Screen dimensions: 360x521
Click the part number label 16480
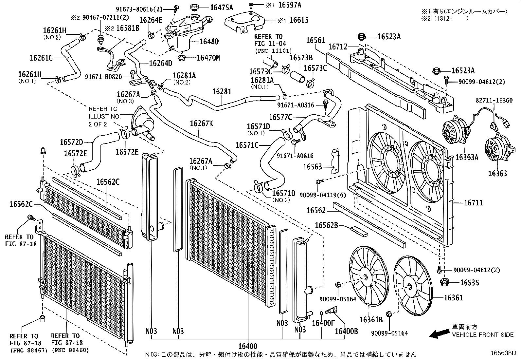(x=209, y=42)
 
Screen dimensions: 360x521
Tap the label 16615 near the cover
(x=299, y=20)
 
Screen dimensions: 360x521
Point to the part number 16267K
(x=201, y=123)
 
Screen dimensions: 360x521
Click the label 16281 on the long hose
(x=222, y=91)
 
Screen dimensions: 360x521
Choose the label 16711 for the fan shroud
(x=473, y=203)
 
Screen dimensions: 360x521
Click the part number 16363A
(x=467, y=158)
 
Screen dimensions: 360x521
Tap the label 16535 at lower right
(x=469, y=283)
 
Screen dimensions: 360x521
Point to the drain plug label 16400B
(x=346, y=331)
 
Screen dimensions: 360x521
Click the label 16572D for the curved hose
(x=71, y=142)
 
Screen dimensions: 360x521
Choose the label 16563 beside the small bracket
(x=312, y=167)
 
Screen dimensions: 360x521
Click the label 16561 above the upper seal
(x=315, y=40)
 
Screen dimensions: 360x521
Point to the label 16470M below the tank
(x=208, y=58)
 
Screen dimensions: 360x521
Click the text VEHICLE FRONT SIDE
(x=483, y=335)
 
